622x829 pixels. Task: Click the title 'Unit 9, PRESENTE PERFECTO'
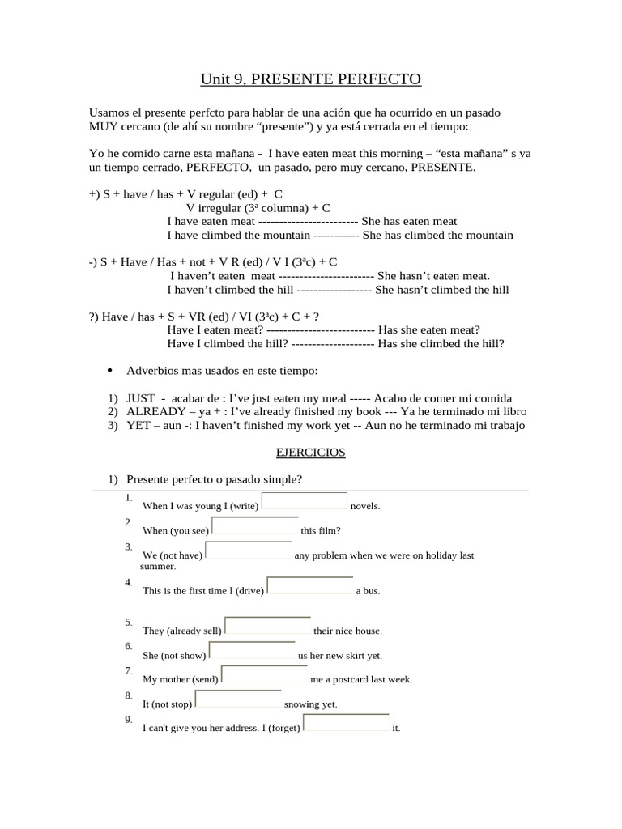[311, 79]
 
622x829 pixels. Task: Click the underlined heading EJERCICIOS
[311, 453]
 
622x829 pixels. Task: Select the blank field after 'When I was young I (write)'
[305, 502]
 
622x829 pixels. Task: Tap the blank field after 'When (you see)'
[254, 526]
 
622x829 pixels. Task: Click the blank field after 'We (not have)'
[247, 551]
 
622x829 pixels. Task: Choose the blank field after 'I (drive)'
[310, 587]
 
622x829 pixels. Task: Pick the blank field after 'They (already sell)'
[268, 627]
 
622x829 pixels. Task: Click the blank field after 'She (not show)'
[252, 651]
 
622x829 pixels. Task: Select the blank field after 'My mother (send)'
[264, 675]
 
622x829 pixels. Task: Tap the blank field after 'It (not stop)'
[238, 699]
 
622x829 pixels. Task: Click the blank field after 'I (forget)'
[346, 724]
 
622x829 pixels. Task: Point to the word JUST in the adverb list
[140, 399]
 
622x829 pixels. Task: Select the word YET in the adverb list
[138, 425]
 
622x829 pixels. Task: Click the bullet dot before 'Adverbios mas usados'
[109, 371]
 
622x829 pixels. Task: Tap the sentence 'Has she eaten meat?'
[429, 329]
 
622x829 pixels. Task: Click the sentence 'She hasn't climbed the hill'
[442, 290]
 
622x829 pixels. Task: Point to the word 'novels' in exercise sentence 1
[364, 507]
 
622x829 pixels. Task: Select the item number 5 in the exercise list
[129, 623]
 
